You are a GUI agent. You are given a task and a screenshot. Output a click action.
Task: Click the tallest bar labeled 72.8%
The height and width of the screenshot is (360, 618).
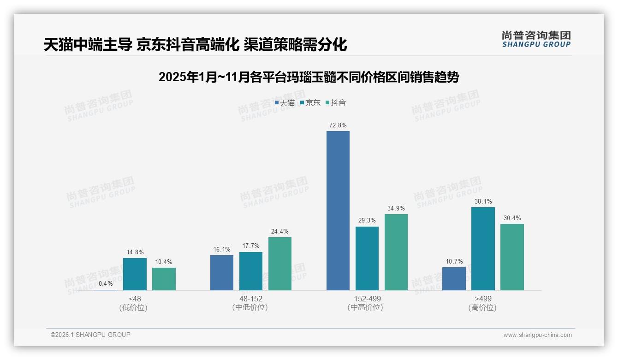pos(338,210)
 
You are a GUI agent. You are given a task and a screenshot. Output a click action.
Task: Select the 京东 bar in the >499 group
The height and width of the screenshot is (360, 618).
pos(483,249)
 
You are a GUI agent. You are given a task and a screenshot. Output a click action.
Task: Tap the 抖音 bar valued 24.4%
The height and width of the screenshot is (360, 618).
pos(280,264)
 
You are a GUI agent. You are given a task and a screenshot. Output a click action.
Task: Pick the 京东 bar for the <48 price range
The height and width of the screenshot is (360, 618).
pos(135,274)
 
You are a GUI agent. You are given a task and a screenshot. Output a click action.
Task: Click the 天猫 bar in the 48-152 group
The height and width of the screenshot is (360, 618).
pos(222,273)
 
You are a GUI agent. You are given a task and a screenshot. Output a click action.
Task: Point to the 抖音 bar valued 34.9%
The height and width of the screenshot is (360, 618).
pos(396,252)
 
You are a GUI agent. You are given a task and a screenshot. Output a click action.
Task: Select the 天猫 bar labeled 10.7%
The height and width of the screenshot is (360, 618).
pos(454,279)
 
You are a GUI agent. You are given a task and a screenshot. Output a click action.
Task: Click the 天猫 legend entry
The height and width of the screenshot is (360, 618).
pos(285,103)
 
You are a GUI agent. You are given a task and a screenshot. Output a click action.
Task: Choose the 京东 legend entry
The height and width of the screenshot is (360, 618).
pos(310,103)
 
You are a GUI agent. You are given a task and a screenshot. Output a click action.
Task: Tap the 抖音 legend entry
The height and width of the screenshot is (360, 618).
pos(336,103)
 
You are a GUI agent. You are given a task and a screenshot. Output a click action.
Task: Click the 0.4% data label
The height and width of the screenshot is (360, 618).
pos(106,283)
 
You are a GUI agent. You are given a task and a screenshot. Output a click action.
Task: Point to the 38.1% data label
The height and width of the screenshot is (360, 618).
pos(483,201)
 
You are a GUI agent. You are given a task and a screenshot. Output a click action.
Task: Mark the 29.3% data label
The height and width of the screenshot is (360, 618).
pos(367,221)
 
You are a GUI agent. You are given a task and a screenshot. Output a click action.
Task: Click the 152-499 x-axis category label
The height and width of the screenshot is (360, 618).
pos(367,299)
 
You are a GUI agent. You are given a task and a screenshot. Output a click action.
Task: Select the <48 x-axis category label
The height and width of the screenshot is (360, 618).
pos(135,299)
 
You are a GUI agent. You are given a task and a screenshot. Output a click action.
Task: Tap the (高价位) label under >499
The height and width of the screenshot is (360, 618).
pos(482,307)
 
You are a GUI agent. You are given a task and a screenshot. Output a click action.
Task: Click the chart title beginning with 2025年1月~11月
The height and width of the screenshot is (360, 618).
pos(309,77)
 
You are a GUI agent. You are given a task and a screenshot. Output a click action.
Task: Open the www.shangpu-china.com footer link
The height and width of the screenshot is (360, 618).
pos(537,335)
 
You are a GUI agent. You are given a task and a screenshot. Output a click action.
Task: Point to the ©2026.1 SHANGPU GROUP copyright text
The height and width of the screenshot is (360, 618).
pos(90,335)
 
